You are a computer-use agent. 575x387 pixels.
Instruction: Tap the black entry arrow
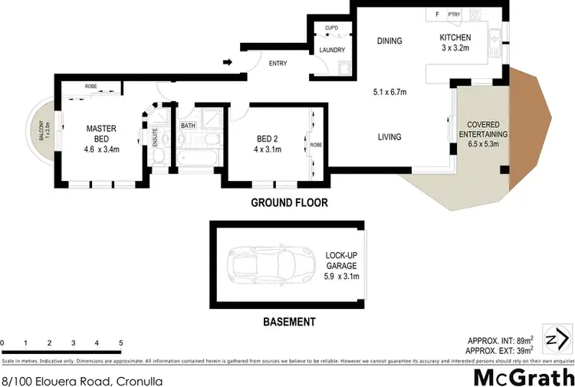[x=228, y=62]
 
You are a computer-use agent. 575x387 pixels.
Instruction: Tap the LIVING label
[x=389, y=138]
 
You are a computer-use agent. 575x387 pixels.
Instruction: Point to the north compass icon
[x=558, y=337]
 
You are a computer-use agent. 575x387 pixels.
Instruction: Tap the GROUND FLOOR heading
[x=290, y=203]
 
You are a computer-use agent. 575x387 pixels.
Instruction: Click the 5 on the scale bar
[x=120, y=342]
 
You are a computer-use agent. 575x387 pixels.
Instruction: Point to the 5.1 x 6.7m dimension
[x=389, y=91]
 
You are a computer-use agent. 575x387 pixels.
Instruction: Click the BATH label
[x=188, y=125]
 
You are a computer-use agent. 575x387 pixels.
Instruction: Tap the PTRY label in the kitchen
[x=454, y=14]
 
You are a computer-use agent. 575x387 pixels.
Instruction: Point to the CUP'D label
[x=331, y=28]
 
